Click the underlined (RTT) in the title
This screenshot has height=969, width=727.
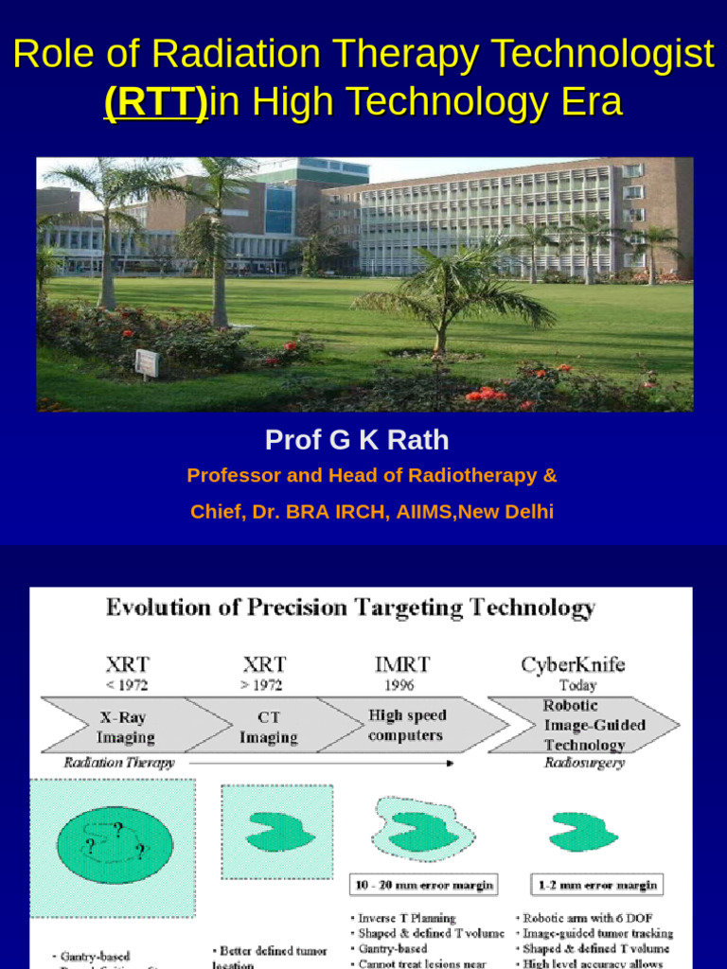click(155, 100)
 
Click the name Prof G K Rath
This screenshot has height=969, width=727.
click(357, 440)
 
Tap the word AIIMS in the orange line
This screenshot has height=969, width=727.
click(422, 512)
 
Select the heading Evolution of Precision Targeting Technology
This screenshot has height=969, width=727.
click(350, 608)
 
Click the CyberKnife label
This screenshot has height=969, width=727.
click(573, 664)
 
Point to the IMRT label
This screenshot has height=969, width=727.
click(402, 664)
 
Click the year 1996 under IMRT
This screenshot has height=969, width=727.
click(399, 684)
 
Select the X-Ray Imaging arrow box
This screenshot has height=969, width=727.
click(127, 727)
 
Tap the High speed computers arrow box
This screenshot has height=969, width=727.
click(407, 725)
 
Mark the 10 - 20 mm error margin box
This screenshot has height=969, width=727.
click(423, 886)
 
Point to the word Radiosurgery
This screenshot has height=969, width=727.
click(584, 763)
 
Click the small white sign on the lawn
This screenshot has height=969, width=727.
click(147, 362)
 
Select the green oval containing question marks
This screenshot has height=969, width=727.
click(115, 846)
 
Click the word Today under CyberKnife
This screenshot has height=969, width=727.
click(577, 684)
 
